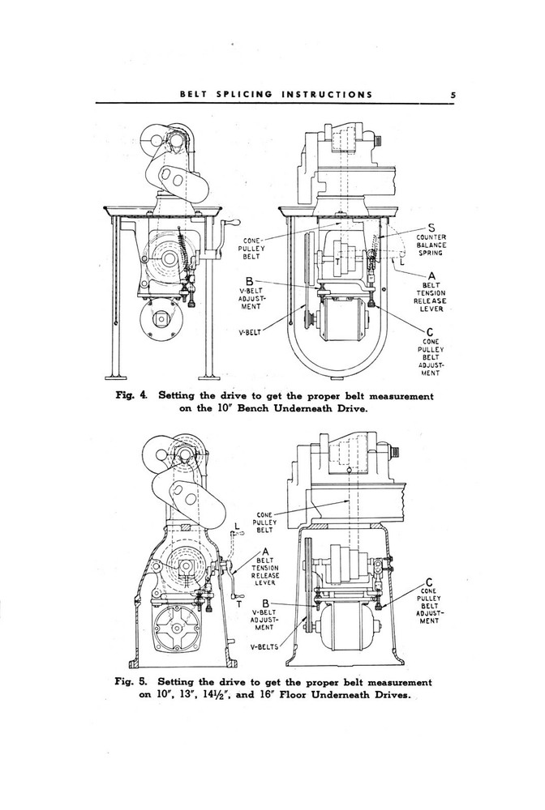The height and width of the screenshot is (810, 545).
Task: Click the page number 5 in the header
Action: point(454,94)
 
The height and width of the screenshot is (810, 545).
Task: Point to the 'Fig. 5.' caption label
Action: point(131,682)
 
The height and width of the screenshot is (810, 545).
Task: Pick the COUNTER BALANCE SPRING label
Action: point(431,245)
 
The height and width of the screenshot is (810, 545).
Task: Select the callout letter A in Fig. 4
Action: point(431,277)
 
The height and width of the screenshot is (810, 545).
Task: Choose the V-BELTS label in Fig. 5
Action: point(265,646)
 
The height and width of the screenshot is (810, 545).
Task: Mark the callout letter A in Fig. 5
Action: point(264,552)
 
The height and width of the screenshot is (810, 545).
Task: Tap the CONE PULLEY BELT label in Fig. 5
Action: point(265,522)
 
